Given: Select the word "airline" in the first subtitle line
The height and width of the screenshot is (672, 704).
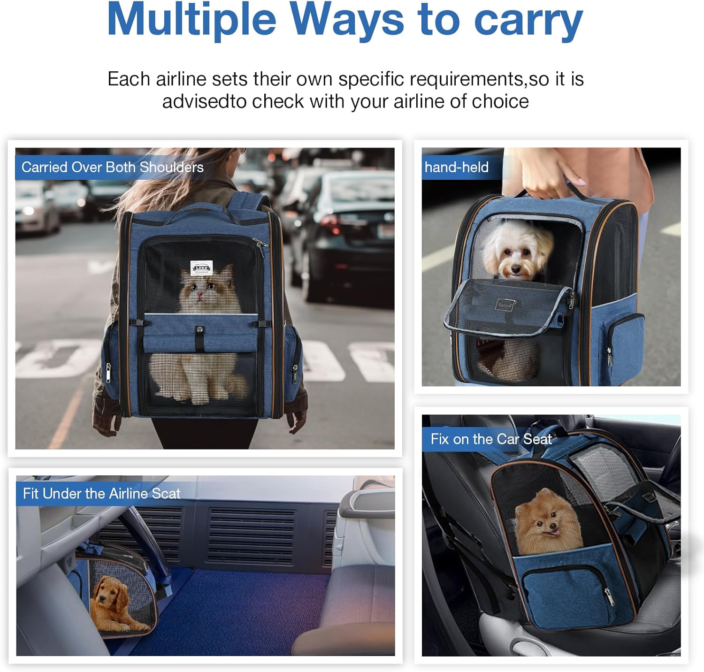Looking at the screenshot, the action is pos(181,79).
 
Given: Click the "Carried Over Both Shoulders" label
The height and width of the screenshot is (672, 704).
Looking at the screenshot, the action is pos(113,167).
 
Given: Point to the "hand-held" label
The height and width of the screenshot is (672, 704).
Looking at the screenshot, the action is pos(457,167).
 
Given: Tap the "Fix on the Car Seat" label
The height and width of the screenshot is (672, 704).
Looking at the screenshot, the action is pos(491,439).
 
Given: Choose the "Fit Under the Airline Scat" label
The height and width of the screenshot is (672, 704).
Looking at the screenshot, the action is pos(102,494).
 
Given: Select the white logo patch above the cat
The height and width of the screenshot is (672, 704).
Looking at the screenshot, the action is pos(201,267).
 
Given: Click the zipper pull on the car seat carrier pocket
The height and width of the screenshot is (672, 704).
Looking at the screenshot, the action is pos(609,598).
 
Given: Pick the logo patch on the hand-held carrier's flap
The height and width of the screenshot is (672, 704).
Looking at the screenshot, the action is pos(505,305).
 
